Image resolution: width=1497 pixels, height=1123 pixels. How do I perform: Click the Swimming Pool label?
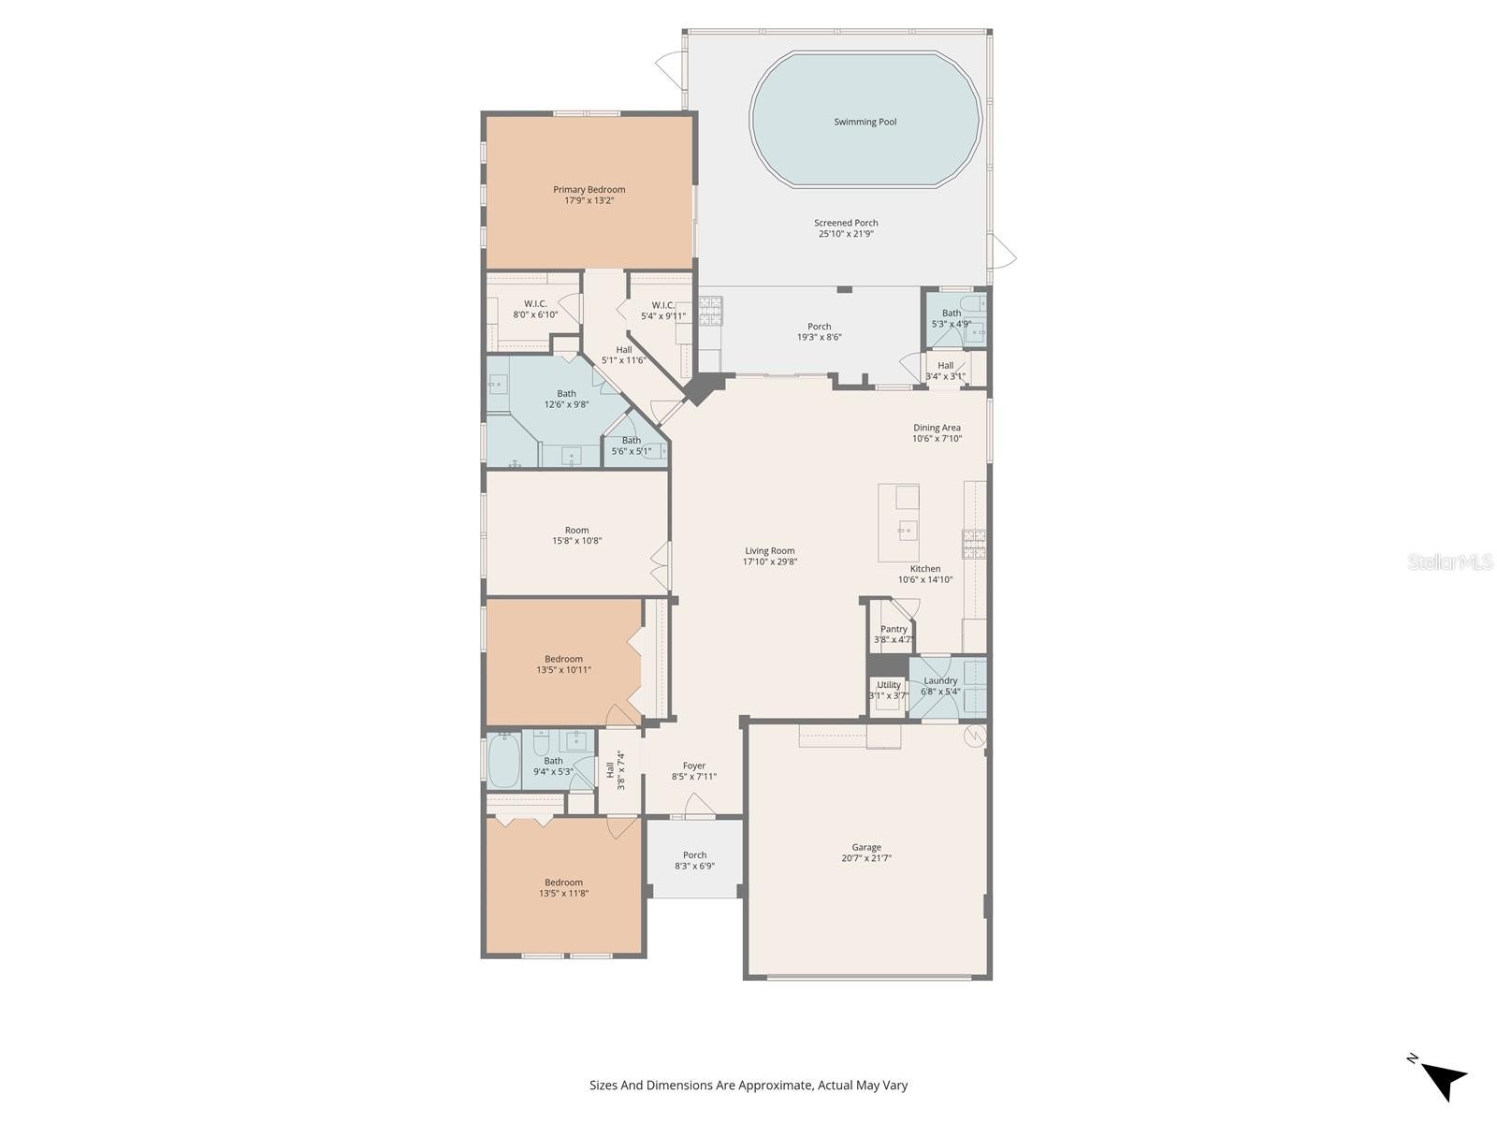coord(865,122)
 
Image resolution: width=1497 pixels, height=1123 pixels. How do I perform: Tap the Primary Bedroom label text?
coord(589,190)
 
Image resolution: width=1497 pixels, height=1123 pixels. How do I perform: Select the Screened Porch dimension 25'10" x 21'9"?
coord(846,234)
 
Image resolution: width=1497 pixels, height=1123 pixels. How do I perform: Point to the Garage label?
coord(866,848)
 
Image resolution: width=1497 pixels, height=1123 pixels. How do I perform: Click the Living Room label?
coord(769,551)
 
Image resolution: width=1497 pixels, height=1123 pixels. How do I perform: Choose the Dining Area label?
coord(937,428)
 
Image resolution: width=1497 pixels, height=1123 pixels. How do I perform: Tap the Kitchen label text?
coord(924,569)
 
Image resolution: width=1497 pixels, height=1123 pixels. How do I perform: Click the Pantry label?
coord(894,629)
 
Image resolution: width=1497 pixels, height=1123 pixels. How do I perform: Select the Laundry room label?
coord(940,680)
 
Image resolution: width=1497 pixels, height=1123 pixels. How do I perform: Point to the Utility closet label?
coord(888,685)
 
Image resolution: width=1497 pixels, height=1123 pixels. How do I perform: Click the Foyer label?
coord(693,766)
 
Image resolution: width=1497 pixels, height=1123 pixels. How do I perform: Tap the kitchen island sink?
coord(907,529)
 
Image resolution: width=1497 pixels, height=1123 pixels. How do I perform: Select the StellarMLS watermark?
coord(1450,561)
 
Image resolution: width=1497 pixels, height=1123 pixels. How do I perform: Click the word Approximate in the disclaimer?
coord(778,1085)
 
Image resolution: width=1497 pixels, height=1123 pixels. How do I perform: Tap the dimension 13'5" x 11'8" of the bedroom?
coord(563,893)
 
